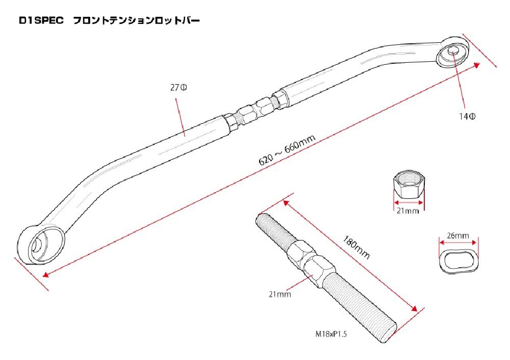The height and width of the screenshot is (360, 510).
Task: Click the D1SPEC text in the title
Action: click(41, 21)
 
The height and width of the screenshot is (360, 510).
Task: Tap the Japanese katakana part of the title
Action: click(137, 21)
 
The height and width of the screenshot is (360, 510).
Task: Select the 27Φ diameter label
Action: click(178, 88)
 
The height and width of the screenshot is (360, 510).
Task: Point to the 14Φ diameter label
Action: click(467, 116)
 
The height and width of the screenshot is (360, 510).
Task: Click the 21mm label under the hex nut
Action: click(407, 211)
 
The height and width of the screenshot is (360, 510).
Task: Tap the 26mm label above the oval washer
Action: click(457, 235)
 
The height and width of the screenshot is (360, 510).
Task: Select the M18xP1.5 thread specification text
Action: click(331, 334)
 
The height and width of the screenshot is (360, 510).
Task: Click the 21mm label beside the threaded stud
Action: click(279, 294)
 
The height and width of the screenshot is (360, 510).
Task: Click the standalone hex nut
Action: click(409, 185)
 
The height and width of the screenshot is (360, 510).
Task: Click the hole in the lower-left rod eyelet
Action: click(37, 245)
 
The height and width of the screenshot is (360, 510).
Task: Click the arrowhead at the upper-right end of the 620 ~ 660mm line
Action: click(476, 65)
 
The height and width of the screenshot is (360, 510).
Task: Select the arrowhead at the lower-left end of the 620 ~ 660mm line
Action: click(46, 274)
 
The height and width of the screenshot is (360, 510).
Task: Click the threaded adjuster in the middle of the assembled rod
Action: click(255, 110)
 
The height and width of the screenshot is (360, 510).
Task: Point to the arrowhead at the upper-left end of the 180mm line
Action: click(287, 203)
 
